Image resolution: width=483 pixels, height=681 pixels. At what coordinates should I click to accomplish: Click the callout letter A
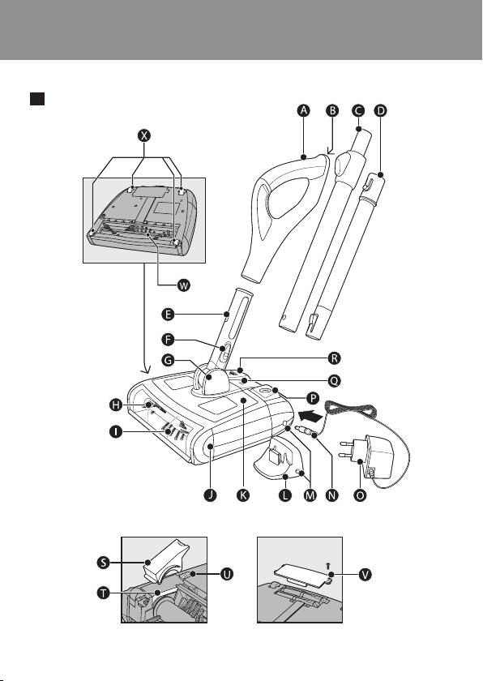click(x=304, y=110)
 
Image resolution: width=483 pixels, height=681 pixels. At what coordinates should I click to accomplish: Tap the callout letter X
click(x=144, y=135)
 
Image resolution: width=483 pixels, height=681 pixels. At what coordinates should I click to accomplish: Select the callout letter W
click(x=184, y=285)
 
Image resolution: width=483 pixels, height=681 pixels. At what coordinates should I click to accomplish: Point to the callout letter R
click(x=334, y=358)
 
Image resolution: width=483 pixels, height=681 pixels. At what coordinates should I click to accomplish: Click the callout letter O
click(x=360, y=495)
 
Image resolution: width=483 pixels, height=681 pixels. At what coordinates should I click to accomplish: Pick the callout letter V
click(x=365, y=575)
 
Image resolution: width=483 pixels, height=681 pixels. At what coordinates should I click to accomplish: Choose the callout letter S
click(x=103, y=563)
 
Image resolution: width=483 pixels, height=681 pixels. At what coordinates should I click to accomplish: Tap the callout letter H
click(x=115, y=405)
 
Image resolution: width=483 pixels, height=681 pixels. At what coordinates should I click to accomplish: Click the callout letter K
click(x=243, y=495)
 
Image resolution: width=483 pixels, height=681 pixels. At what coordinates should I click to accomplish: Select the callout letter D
click(x=380, y=110)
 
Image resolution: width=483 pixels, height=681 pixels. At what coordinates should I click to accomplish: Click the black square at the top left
click(x=37, y=99)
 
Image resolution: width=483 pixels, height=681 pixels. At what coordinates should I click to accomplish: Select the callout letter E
click(x=168, y=314)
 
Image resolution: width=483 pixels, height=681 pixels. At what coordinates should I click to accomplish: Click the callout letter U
click(x=227, y=574)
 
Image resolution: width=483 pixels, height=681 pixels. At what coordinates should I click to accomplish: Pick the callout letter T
click(x=103, y=593)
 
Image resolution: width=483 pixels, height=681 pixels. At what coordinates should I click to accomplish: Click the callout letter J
click(x=210, y=495)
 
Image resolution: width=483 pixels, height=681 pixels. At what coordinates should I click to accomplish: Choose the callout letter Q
click(x=334, y=381)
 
